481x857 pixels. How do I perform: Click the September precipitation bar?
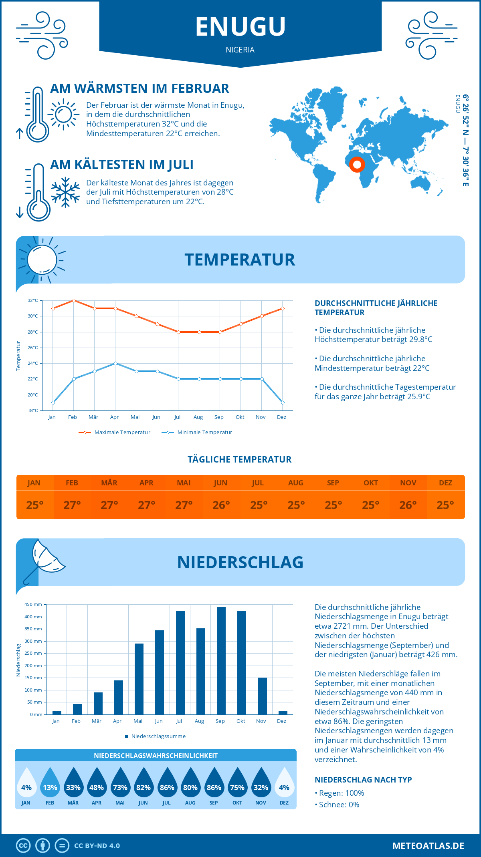tap(221, 660)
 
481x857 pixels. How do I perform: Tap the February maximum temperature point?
tap(74, 300)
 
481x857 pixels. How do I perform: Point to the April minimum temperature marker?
tap(115, 363)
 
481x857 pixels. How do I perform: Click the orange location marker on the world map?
tap(357, 164)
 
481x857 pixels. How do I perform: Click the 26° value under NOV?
tap(408, 505)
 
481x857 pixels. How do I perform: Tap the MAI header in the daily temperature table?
tap(184, 483)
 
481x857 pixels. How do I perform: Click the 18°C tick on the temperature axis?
tap(33, 410)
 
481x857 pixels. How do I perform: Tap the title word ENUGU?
tap(240, 26)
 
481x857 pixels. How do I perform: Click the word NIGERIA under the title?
tap(240, 50)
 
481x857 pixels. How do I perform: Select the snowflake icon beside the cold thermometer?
tap(65, 192)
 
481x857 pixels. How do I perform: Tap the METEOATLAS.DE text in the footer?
tap(428, 846)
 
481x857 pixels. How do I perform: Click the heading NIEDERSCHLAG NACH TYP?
tap(363, 780)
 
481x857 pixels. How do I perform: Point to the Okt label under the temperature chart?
tap(240, 417)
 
